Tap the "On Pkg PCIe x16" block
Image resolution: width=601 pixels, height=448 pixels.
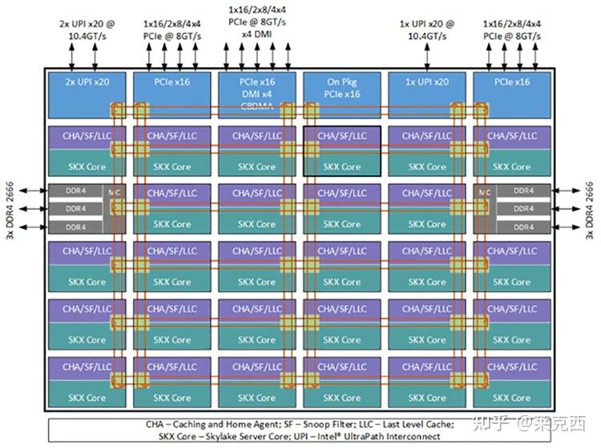click(x=341, y=88)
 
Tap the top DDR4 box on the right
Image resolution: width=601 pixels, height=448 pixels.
click(x=523, y=192)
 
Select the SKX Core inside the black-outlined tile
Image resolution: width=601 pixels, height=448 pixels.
click(x=341, y=167)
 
